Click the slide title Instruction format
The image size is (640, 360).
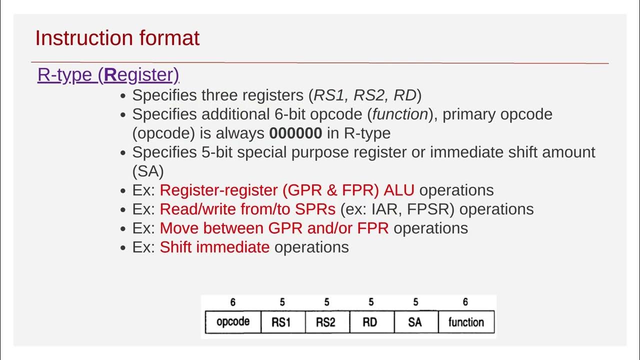click(x=117, y=38)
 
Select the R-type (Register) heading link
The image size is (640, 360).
click(x=108, y=74)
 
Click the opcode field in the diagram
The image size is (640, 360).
click(x=233, y=322)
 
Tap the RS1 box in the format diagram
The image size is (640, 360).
click(x=281, y=322)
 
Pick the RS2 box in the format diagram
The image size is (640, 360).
click(x=325, y=322)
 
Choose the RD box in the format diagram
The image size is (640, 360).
click(x=370, y=322)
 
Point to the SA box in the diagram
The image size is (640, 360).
click(x=415, y=322)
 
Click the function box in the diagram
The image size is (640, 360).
click(x=466, y=322)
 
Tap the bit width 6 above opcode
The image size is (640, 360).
click(x=233, y=302)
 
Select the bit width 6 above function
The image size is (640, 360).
click(x=465, y=302)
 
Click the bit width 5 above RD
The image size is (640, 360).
click(x=370, y=302)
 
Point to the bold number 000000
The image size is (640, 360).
click(x=295, y=133)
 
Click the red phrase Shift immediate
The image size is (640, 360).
click(x=214, y=247)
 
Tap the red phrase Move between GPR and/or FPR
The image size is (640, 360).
click(x=274, y=228)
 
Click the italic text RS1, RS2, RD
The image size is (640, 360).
click(x=365, y=95)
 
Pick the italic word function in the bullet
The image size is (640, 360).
click(x=400, y=114)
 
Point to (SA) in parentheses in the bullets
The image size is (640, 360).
click(x=148, y=171)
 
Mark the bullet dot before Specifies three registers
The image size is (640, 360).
click(x=123, y=96)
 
